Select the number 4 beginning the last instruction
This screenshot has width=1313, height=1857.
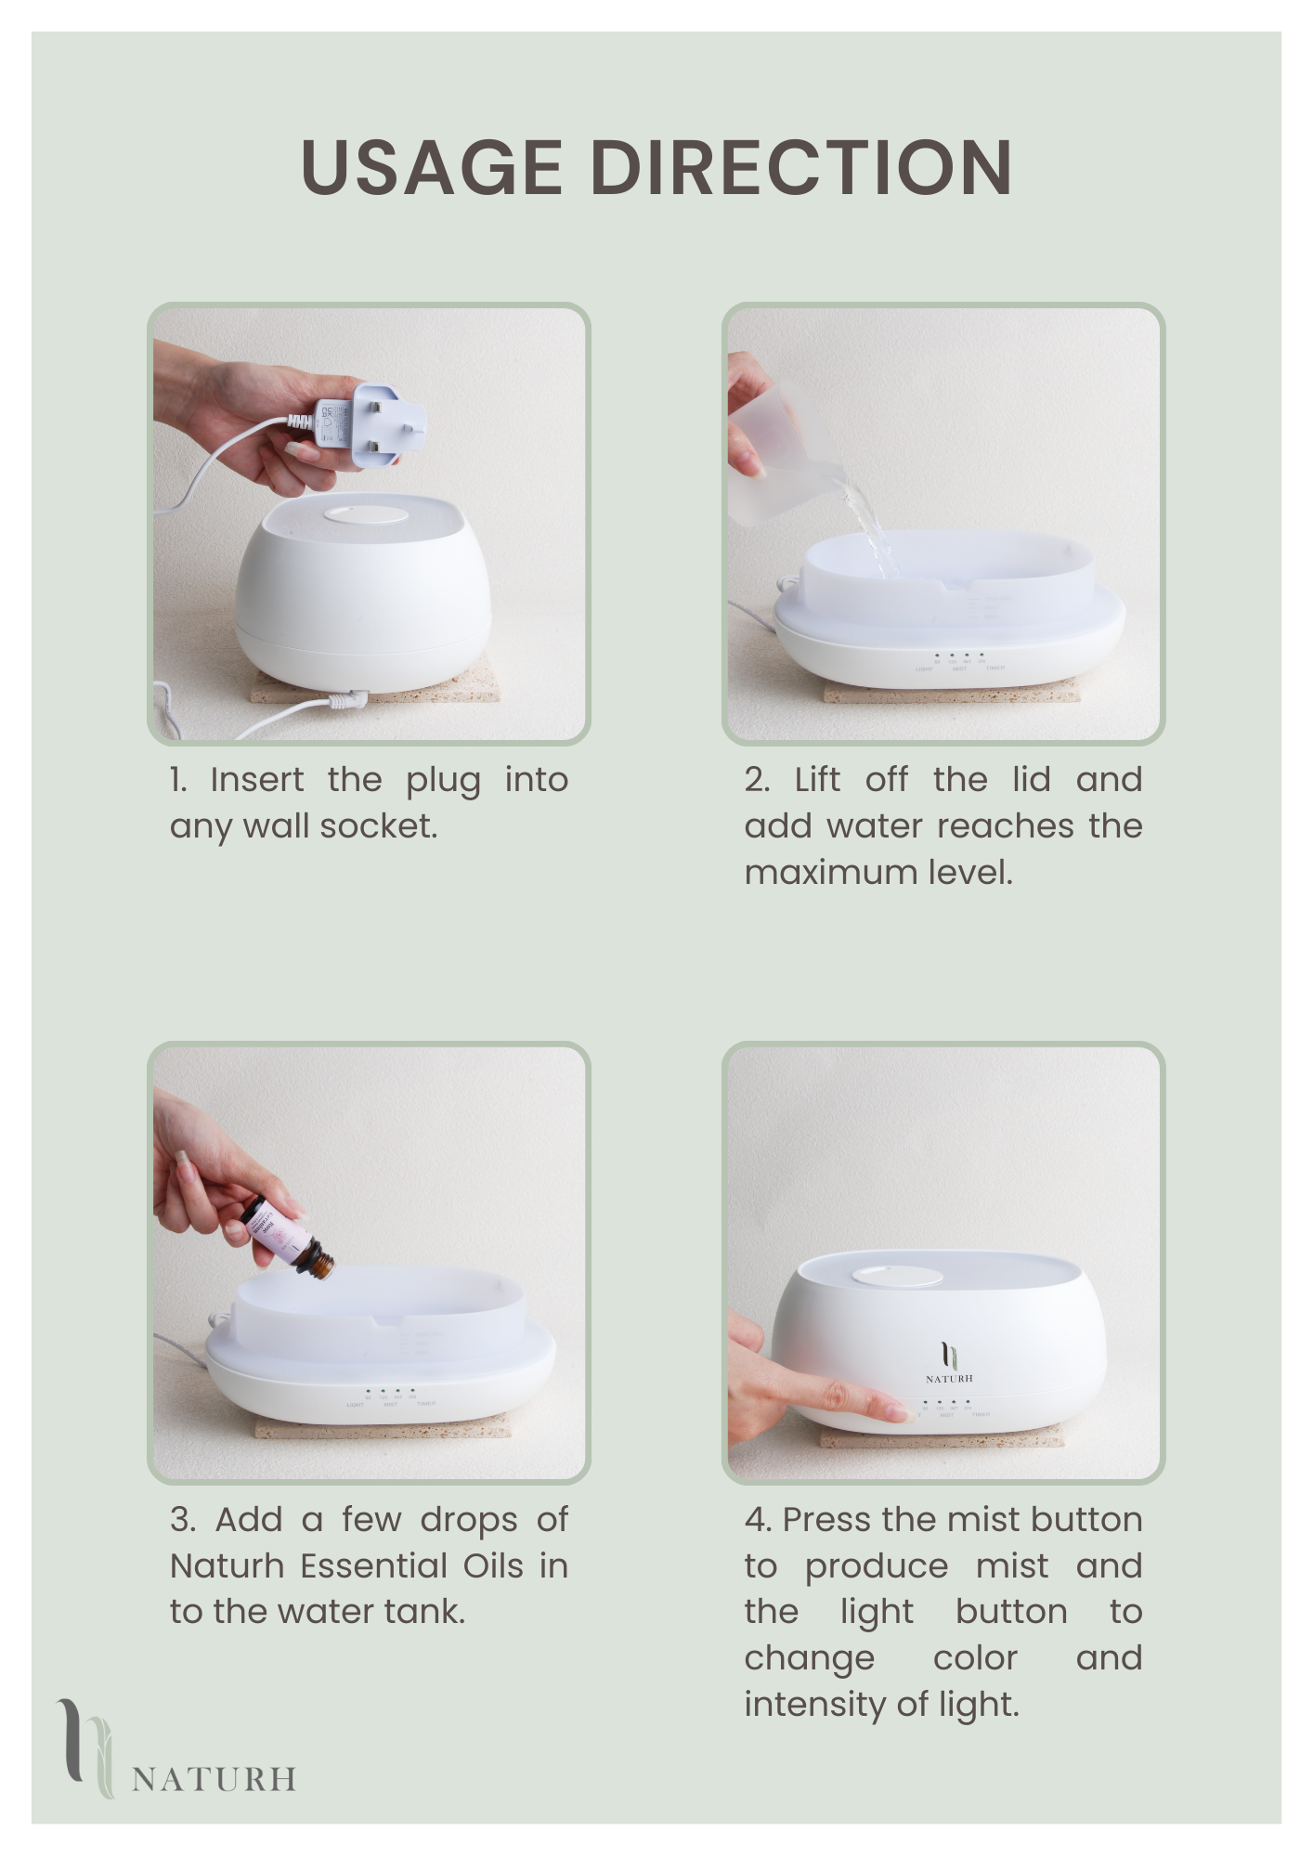click(756, 1520)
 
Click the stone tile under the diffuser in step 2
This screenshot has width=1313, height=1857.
click(947, 695)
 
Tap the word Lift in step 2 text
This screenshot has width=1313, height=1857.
click(817, 780)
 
